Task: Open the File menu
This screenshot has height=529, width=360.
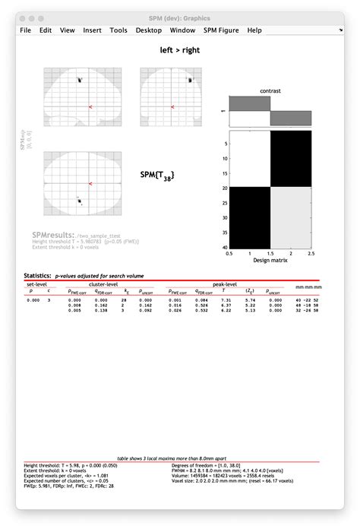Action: [x=26, y=30]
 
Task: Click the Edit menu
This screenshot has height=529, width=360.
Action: [x=46, y=30]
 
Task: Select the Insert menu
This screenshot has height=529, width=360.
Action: [x=92, y=30]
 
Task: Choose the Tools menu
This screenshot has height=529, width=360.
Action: [x=118, y=30]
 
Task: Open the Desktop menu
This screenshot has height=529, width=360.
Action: [x=149, y=30]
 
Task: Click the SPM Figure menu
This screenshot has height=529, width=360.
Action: [x=220, y=30]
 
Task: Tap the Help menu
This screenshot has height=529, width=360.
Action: [x=254, y=30]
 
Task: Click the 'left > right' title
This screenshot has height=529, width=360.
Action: [x=180, y=51]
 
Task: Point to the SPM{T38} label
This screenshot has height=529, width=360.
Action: [x=158, y=175]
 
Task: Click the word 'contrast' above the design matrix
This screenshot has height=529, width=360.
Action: [x=270, y=90]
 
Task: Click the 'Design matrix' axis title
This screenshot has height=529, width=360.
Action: [x=270, y=261]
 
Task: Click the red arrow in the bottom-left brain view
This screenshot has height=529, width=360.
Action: [x=90, y=183]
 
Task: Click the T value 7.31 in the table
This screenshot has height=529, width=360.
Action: [x=225, y=300]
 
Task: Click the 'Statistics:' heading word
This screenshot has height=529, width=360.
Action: [x=36, y=275]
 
